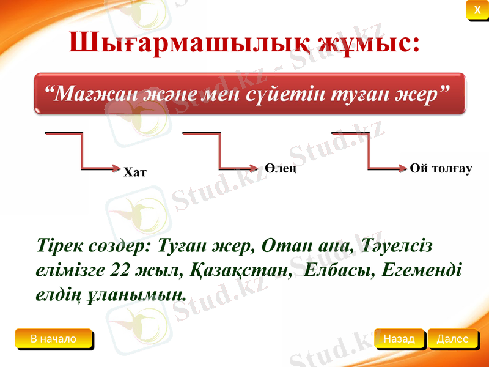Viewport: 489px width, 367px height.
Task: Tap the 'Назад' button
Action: [399, 338]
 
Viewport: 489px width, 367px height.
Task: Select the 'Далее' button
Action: [452, 338]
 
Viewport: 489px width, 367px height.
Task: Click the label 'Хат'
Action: [135, 172]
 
